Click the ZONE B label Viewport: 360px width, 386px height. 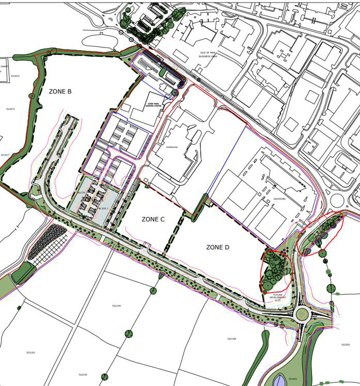click(x=60, y=92)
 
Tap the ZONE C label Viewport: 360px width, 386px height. click(x=153, y=219)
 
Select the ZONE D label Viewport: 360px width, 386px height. click(x=217, y=248)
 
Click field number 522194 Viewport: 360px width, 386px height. click(x=116, y=306)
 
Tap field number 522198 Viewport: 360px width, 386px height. click(x=231, y=339)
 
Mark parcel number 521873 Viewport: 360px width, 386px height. click(x=10, y=109)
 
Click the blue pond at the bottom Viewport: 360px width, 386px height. click(x=280, y=380)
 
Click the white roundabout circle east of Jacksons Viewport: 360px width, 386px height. click(x=338, y=200)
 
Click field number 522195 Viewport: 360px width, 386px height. click(x=83, y=375)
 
